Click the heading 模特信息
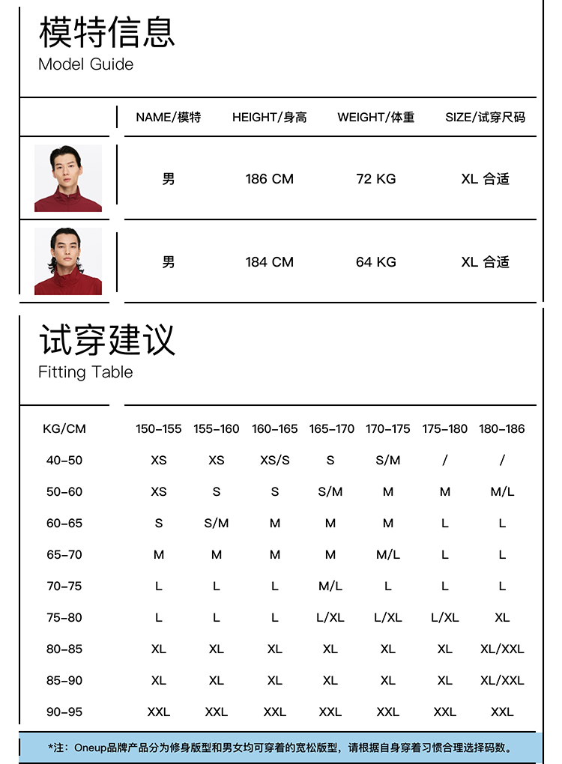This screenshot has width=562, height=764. pyautogui.click(x=106, y=31)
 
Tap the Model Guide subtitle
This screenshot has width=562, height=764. pyautogui.click(x=85, y=64)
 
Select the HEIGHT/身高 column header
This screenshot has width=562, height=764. pyautogui.click(x=269, y=118)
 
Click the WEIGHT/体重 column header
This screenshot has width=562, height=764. pyautogui.click(x=375, y=118)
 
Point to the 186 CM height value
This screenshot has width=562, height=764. pyautogui.click(x=269, y=179)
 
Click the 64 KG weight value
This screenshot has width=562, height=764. pyautogui.click(x=375, y=262)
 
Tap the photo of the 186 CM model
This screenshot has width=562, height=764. pyautogui.click(x=68, y=178)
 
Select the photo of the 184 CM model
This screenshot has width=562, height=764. pyautogui.click(x=68, y=261)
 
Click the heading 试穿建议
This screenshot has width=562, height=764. pyautogui.click(x=106, y=339)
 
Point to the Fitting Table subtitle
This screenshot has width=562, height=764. pyautogui.click(x=85, y=372)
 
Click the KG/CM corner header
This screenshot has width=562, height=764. pyautogui.click(x=64, y=429)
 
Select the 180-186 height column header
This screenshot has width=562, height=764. pyautogui.click(x=502, y=429)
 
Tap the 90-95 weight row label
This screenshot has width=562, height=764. pyautogui.click(x=64, y=712)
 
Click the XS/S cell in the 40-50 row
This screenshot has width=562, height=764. pyautogui.click(x=274, y=461)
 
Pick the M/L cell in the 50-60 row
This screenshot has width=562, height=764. pyautogui.click(x=502, y=492)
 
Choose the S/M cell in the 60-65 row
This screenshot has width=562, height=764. pyautogui.click(x=216, y=524)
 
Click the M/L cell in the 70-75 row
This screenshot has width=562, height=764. pyautogui.click(x=330, y=586)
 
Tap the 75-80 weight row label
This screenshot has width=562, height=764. pyautogui.click(x=64, y=618)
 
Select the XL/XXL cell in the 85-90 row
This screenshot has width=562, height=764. pyautogui.click(x=502, y=681)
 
